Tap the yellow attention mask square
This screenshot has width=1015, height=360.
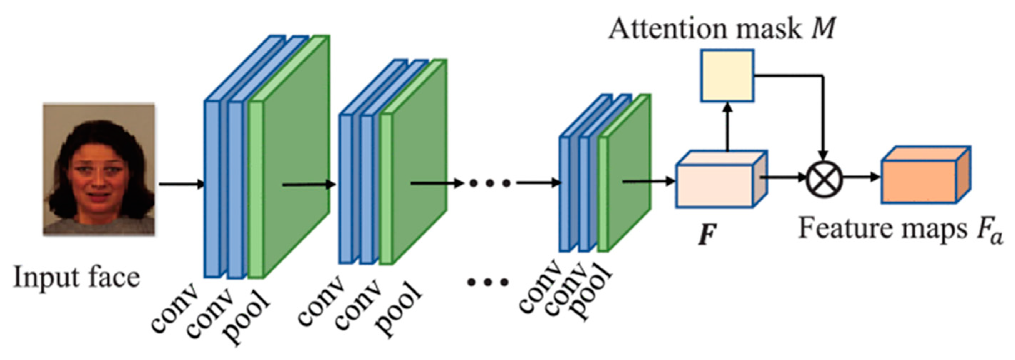click(x=727, y=76)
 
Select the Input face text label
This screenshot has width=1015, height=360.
click(x=77, y=277)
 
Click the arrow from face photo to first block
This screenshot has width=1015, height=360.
click(x=181, y=184)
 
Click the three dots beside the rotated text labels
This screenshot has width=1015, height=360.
click(x=488, y=282)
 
